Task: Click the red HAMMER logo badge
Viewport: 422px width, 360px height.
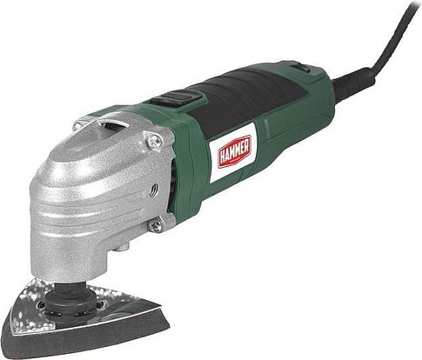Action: [x=234, y=151]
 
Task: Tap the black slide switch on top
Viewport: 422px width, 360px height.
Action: [x=175, y=97]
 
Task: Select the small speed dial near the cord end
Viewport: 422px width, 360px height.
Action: [x=303, y=69]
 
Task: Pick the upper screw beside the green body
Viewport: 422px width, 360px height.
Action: [x=155, y=141]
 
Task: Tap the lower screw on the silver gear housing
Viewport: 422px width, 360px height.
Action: [x=156, y=225]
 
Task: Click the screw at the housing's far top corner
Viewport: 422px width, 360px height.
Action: [x=77, y=125]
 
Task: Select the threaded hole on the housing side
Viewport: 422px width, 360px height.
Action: [x=154, y=190]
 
